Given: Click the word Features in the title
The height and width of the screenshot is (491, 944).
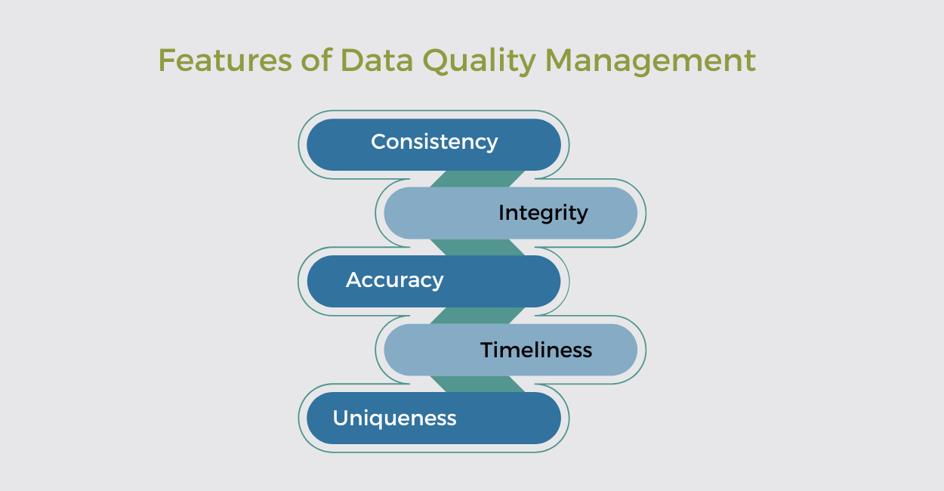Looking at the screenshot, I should tap(224, 60).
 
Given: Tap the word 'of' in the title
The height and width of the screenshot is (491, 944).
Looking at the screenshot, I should tap(316, 60).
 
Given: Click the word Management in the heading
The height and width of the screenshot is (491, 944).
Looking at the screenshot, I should tap(649, 60).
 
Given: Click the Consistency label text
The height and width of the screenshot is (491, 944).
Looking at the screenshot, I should tap(434, 142).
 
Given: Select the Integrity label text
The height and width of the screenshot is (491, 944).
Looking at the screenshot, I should tap(543, 213).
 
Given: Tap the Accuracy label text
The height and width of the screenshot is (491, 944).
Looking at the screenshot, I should tap(394, 280).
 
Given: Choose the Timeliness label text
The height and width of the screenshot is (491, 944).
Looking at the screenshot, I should tap(536, 350).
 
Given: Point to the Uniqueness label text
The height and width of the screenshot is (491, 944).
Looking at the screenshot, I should tap(394, 418).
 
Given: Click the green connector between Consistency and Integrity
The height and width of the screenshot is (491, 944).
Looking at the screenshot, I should tap(477, 179).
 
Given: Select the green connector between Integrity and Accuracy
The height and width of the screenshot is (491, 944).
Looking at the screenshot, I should tap(477, 247).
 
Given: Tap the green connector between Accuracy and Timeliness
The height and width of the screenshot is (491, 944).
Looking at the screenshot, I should tap(477, 316).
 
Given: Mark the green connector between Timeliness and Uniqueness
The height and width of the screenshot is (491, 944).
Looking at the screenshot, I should tap(477, 384).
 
